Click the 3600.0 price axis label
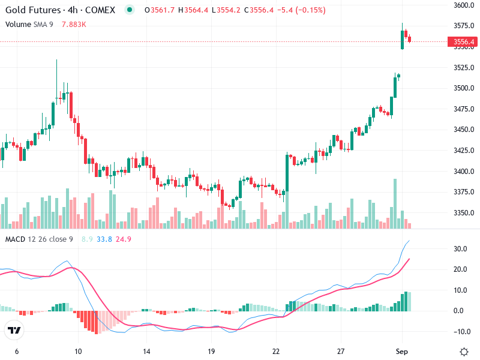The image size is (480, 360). click(464, 5)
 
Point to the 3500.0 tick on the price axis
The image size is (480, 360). click(464, 88)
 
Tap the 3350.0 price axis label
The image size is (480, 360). click(464, 213)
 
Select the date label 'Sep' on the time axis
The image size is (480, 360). click(402, 351)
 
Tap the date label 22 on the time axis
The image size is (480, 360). click(275, 351)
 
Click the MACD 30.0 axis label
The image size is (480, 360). click(461, 249)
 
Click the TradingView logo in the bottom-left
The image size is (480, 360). click(14, 330)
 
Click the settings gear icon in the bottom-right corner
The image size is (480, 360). click(464, 352)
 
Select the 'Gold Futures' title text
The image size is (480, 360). click(32, 10)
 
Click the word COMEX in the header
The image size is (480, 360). click(99, 10)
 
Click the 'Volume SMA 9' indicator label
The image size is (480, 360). click(29, 24)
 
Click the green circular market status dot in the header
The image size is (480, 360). click(130, 10)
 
